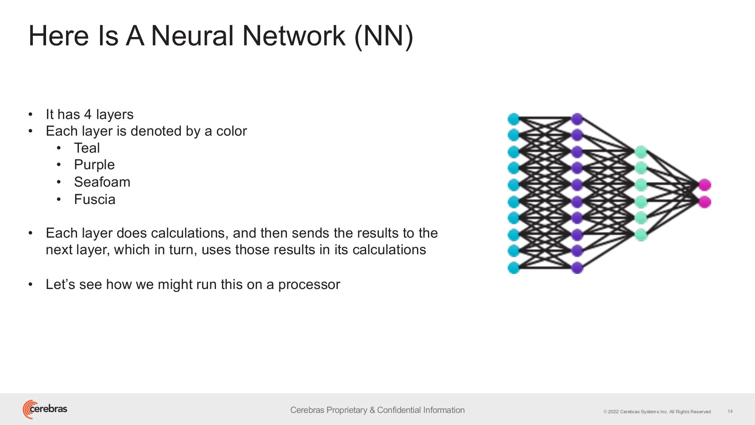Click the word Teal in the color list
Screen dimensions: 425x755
[x=87, y=148]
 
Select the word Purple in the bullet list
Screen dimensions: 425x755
[x=94, y=165]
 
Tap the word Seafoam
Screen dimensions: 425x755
[x=102, y=182]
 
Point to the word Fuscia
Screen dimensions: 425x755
[x=95, y=199]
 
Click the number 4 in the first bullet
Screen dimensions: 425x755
[x=88, y=114]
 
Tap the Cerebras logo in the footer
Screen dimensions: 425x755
[x=45, y=409]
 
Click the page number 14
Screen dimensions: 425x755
[x=730, y=411]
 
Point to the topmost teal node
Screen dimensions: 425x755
[x=513, y=119]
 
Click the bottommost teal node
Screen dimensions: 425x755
[x=513, y=268]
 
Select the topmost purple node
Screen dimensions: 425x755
[x=577, y=119]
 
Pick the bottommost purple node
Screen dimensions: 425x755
[x=577, y=268]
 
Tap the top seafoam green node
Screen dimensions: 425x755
[x=641, y=152]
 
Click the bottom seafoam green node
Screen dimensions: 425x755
[x=641, y=235]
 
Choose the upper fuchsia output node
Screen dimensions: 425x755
[x=704, y=185]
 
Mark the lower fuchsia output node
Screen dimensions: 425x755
[x=704, y=202]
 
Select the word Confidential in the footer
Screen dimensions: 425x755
[x=399, y=410]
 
